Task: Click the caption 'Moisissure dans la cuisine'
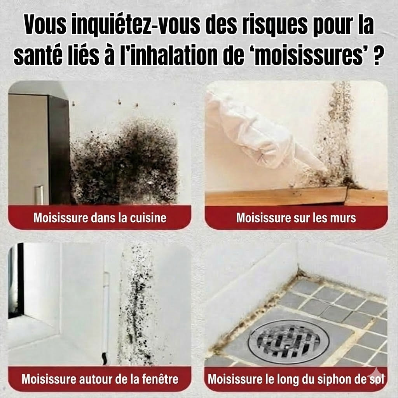click(x=100, y=218)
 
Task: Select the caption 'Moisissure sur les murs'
click(x=296, y=218)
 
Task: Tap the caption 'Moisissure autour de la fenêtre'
click(x=100, y=379)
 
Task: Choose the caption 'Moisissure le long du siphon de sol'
click(x=296, y=379)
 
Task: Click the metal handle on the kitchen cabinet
click(x=39, y=195)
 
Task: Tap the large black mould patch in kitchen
click(x=124, y=163)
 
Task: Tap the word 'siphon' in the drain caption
click(x=328, y=379)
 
